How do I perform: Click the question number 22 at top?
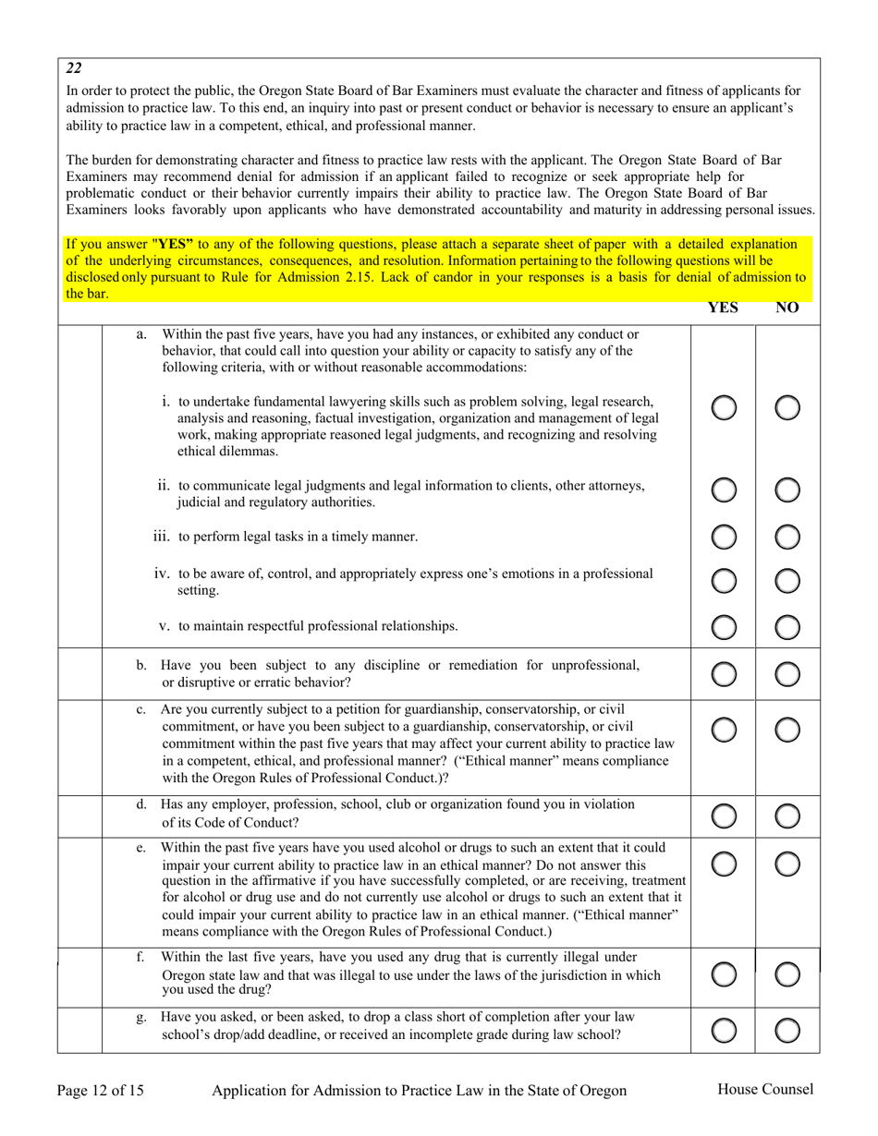(74, 67)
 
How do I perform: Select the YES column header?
(724, 308)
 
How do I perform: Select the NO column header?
(787, 308)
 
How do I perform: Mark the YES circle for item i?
(724, 407)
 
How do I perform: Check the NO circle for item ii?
(787, 491)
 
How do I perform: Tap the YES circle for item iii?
(724, 536)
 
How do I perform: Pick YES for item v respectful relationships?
(724, 626)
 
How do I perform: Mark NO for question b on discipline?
(787, 674)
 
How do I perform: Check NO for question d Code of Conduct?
(787, 815)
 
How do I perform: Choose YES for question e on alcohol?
(724, 862)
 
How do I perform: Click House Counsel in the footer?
(765, 1089)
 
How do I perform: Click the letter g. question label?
(141, 1019)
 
